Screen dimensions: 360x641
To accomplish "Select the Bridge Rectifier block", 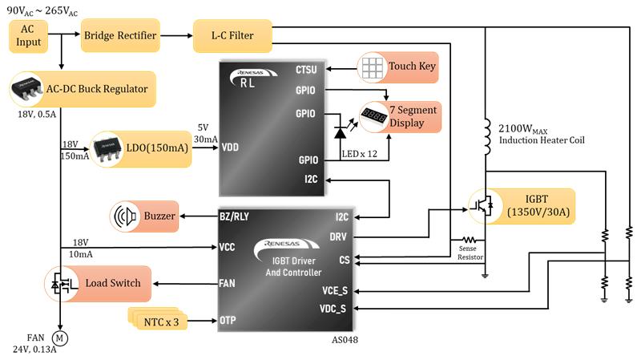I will click(120, 35).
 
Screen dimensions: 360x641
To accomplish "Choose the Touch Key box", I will click(398, 66).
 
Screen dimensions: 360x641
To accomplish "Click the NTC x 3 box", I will click(156, 321).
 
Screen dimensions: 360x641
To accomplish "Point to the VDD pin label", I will click(230, 147).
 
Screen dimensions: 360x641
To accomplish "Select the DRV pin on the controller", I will click(337, 237).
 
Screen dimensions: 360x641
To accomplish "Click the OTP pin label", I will click(228, 320).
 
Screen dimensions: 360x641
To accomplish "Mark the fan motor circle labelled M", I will click(58, 337).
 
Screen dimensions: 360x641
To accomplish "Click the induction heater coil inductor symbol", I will click(486, 137).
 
